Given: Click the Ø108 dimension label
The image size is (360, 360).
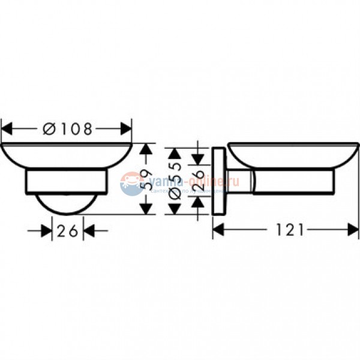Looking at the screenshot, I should (68, 129).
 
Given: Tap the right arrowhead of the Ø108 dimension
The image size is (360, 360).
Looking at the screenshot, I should (125, 128).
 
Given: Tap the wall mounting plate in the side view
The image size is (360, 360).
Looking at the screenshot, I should (220, 180).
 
